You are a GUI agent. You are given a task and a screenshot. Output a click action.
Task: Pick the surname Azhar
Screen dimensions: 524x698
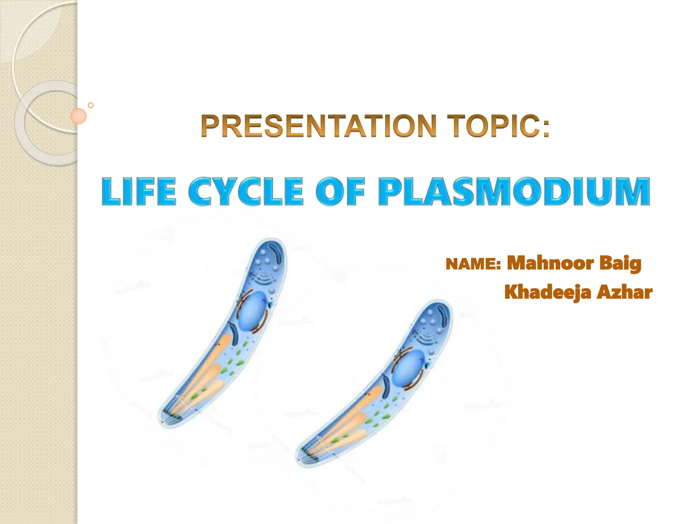click(624, 292)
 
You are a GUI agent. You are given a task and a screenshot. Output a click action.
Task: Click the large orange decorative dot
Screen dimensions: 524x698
click(78, 116)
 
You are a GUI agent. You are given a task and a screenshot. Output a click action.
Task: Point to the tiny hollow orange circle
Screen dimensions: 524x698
click(91, 105)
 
